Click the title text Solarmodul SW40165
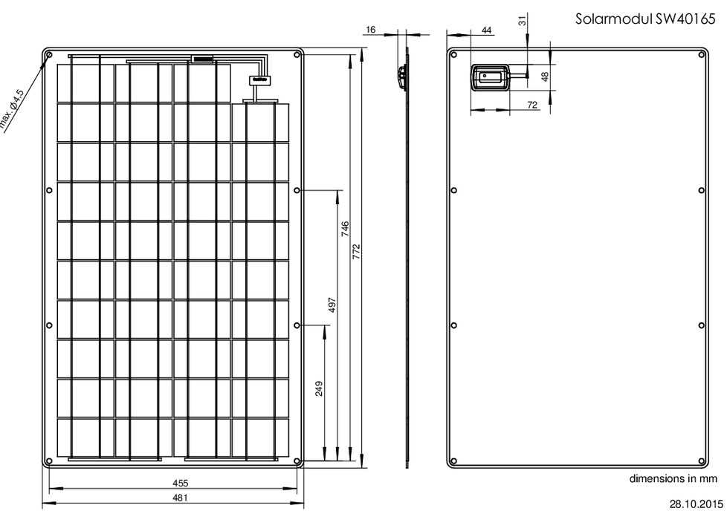click(645, 19)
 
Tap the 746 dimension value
click(345, 229)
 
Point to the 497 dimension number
click(332, 305)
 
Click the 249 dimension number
click(319, 388)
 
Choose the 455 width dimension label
click(181, 483)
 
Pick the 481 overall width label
click(181, 498)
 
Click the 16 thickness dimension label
click(370, 30)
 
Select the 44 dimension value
click(486, 30)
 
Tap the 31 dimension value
click(523, 20)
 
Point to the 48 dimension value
click(545, 77)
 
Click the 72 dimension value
click(532, 105)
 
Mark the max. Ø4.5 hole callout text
click(12, 109)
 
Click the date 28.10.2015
click(696, 504)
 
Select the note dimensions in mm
click(673, 478)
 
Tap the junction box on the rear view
click(491, 77)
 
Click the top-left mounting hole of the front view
click(49, 55)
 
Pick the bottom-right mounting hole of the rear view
click(702, 461)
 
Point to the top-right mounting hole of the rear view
click(702, 55)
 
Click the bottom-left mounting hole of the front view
click(49, 461)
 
